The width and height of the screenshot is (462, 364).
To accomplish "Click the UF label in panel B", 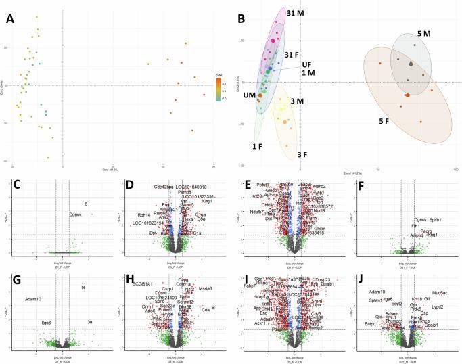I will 306,64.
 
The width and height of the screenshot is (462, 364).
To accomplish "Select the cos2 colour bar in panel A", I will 214,89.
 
